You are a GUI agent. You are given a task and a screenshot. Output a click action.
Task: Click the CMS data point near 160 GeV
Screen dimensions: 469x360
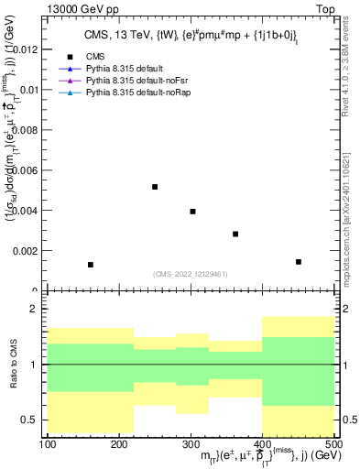click(x=91, y=265)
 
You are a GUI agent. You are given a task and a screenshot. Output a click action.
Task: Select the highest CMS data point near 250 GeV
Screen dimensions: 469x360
click(x=155, y=187)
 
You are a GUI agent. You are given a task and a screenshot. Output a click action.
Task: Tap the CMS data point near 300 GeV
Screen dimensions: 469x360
click(x=192, y=212)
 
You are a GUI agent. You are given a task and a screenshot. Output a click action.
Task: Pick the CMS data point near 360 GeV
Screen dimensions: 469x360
click(x=235, y=234)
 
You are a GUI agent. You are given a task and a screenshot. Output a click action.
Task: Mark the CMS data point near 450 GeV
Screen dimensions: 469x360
click(x=299, y=262)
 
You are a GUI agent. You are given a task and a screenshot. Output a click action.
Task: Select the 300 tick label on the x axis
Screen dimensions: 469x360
click(x=191, y=444)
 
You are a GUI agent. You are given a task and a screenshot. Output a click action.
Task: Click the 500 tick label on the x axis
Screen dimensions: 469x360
click(x=333, y=444)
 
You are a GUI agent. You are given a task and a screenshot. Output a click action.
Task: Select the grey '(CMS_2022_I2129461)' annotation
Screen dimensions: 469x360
click(x=191, y=273)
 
